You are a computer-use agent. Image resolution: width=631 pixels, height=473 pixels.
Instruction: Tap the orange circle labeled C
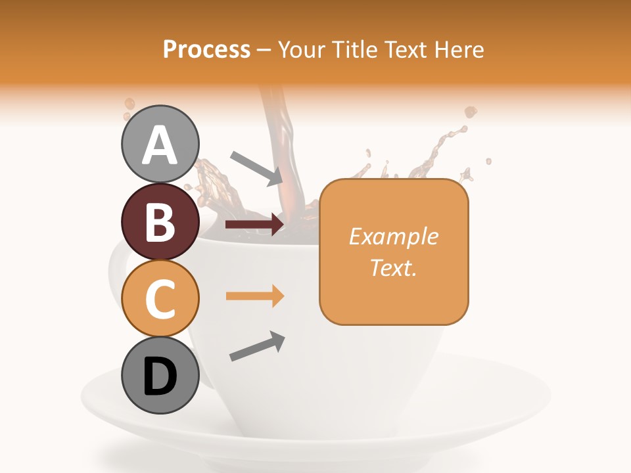click(160, 298)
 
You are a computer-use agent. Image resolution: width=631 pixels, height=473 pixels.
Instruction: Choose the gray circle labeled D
click(160, 375)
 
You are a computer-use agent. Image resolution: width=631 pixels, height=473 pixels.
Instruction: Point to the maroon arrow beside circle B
click(254, 225)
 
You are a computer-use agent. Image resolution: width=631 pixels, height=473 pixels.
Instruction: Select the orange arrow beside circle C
click(254, 296)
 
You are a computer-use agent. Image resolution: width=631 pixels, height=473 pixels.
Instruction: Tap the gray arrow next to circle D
click(257, 346)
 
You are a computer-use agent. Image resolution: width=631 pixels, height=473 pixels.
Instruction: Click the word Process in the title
click(206, 49)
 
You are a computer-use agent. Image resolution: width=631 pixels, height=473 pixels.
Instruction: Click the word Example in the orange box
click(393, 236)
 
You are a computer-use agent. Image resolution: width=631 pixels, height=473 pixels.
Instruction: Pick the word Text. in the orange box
click(393, 267)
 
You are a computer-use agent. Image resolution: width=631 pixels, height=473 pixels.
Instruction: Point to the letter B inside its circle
click(160, 221)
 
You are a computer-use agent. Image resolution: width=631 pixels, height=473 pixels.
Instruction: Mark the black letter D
click(160, 376)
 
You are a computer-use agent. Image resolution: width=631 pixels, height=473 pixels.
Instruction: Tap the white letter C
click(160, 299)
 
